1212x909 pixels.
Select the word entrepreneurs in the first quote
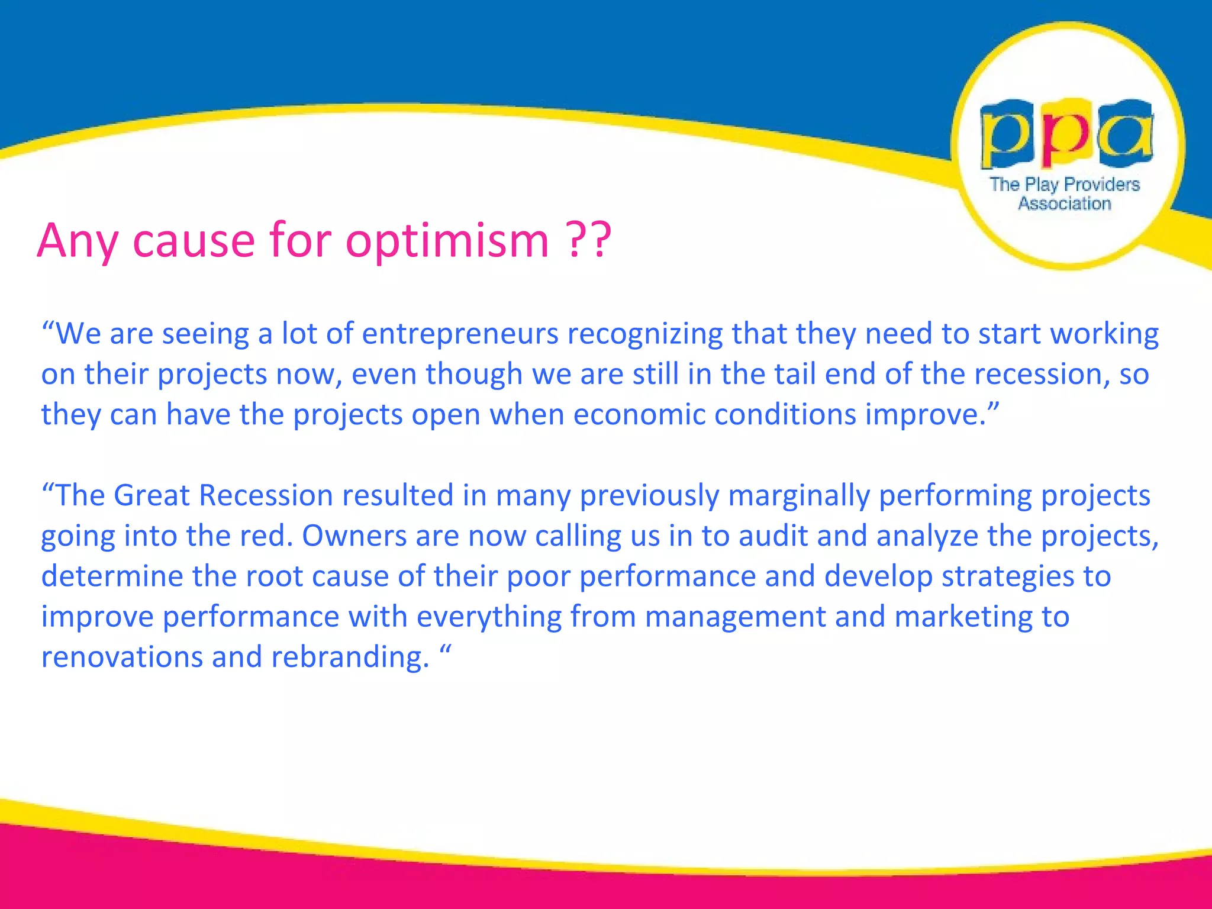click(460, 334)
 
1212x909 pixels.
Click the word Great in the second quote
click(151, 495)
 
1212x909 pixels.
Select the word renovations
click(122, 657)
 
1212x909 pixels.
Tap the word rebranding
click(350, 657)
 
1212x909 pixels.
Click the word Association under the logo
click(1065, 204)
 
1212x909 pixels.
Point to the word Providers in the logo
click(1102, 185)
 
